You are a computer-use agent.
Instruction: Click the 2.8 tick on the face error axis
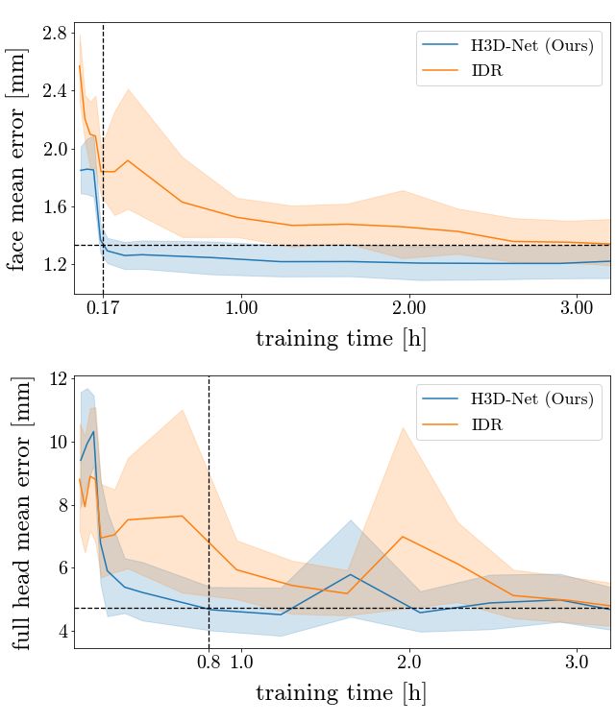(56, 34)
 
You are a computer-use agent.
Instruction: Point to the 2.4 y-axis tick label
(56, 91)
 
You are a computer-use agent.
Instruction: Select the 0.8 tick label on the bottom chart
(209, 663)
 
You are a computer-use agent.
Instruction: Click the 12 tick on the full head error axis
(59, 379)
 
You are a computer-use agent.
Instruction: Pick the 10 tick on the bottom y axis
(59, 443)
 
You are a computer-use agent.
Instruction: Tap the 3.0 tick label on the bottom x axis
(576, 663)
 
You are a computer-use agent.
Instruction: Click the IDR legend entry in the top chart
(486, 71)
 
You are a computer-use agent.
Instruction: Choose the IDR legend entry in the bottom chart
(486, 424)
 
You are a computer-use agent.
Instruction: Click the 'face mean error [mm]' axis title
(19, 160)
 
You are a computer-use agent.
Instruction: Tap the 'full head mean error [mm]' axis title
(19, 513)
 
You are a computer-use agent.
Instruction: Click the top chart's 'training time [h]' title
(341, 339)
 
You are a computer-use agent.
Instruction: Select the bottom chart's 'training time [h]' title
(341, 693)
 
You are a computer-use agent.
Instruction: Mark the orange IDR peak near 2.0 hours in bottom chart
(402, 537)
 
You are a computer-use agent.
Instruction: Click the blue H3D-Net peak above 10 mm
(93, 431)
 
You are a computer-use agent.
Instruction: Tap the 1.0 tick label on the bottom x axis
(241, 663)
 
